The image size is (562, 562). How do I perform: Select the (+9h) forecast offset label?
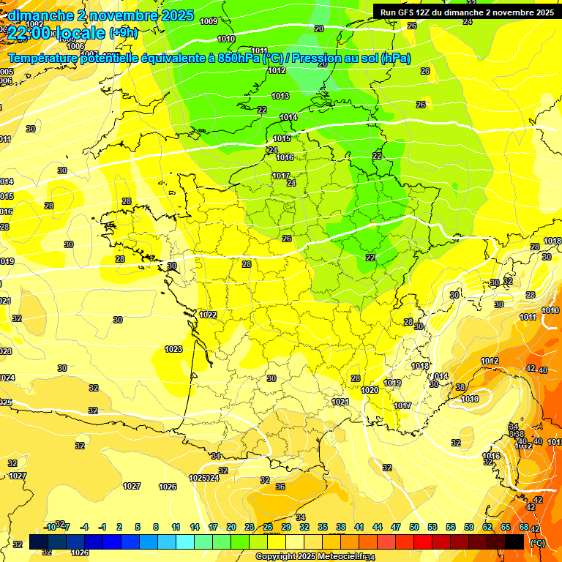coord(123,33)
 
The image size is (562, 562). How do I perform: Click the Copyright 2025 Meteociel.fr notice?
coord(310,557)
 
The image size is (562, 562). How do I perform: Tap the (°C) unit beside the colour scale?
coord(537,543)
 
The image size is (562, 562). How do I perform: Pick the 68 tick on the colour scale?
coord(523,527)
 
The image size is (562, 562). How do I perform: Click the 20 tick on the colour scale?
coord(231,527)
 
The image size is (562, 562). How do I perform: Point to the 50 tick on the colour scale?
coord(414,527)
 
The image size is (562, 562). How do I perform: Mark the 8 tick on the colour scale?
coord(156,527)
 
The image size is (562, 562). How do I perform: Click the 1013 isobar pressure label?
coord(280,96)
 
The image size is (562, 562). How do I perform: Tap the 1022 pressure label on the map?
coord(208,315)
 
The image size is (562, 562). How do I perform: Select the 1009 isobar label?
coord(209,21)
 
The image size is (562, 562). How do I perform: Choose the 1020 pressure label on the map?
coord(370,390)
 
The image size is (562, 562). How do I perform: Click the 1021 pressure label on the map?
coord(340,402)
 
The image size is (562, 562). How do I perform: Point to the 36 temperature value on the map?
coord(280,487)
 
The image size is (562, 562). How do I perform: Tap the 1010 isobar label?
coord(226,39)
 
